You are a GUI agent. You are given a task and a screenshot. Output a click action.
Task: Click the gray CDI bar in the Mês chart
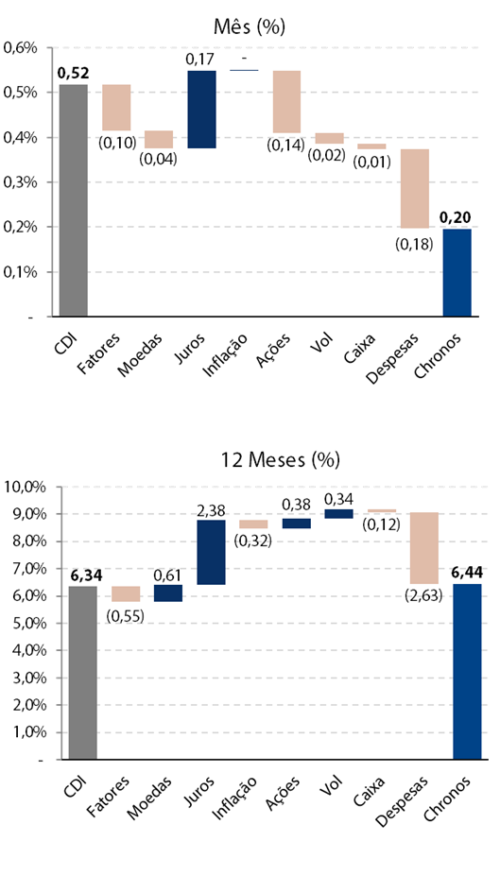(x=74, y=200)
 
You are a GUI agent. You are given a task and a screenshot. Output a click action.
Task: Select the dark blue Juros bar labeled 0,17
(x=201, y=110)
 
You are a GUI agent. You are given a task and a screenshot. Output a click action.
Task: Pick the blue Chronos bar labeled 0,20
(x=457, y=272)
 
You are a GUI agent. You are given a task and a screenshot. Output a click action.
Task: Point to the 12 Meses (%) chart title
(x=281, y=459)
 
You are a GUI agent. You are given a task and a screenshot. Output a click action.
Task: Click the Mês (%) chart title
(x=250, y=26)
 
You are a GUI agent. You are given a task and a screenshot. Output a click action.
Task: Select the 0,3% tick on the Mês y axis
(x=20, y=182)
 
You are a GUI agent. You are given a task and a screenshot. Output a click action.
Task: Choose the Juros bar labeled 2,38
(x=212, y=552)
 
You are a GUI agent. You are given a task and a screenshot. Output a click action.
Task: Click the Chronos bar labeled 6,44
(x=468, y=672)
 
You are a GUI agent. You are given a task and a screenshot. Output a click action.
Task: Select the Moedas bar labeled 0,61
(x=168, y=592)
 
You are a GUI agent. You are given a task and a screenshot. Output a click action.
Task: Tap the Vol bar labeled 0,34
(x=338, y=514)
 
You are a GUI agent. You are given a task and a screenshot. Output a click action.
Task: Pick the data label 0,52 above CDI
(x=74, y=74)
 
